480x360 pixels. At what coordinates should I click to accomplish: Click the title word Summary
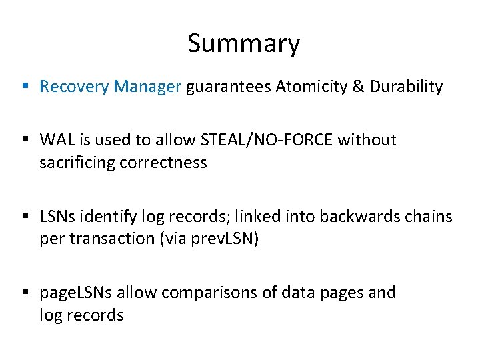pyautogui.click(x=243, y=44)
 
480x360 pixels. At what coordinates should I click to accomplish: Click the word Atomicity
pyautogui.click(x=307, y=87)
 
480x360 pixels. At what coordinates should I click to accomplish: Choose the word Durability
pyautogui.click(x=405, y=87)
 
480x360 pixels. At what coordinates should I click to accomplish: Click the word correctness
pyautogui.click(x=163, y=163)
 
